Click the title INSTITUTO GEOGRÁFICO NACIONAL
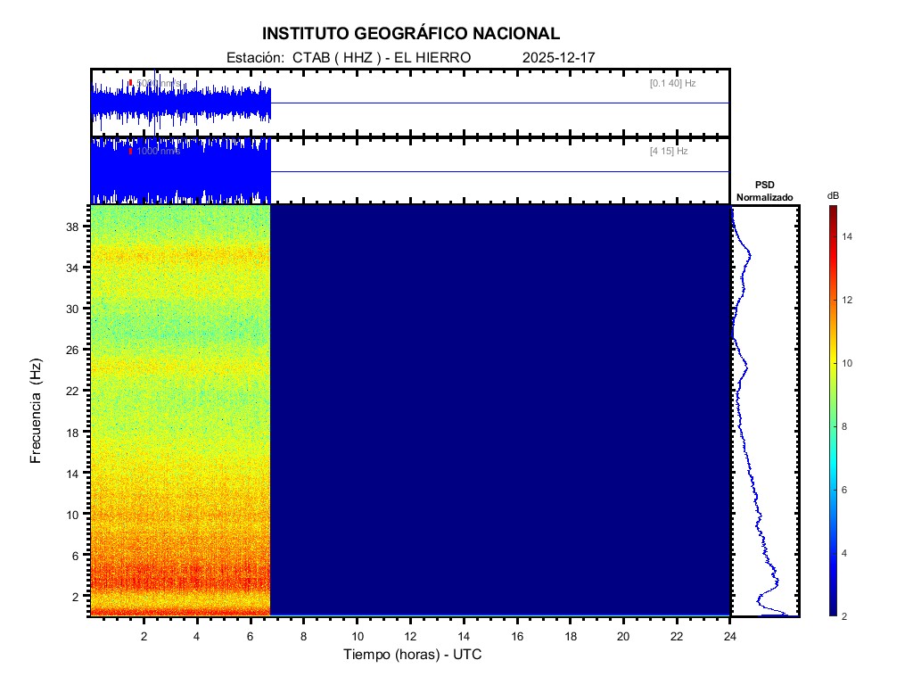point(411,34)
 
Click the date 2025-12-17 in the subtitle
point(558,57)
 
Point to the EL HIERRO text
point(432,57)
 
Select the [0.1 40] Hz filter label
point(672,83)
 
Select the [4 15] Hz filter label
point(669,152)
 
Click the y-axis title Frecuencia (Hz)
point(37,410)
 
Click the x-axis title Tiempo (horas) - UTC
point(413,655)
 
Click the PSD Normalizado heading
point(764,190)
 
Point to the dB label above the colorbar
point(833,195)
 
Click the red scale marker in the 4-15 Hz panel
point(130,152)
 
